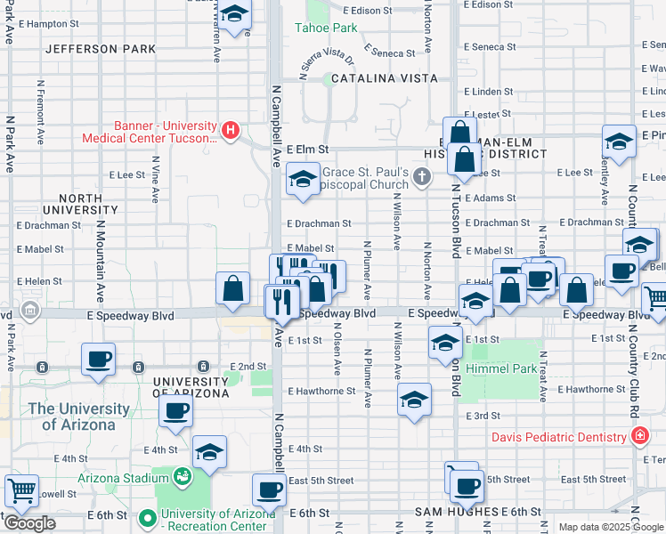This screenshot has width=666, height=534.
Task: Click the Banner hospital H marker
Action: tap(231, 131)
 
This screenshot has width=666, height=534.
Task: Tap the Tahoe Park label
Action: tap(326, 28)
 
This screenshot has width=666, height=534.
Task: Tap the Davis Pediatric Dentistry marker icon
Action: tap(639, 436)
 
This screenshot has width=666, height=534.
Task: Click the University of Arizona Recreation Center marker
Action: tap(148, 516)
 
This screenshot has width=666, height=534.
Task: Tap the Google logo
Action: tap(29, 523)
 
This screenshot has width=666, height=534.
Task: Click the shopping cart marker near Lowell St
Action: tap(21, 489)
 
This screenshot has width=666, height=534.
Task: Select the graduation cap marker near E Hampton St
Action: tap(235, 15)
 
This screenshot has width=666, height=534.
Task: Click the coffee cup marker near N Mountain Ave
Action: tap(99, 360)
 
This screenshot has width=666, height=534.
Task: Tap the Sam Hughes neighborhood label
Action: tap(457, 512)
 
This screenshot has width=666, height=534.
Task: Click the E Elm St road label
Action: tap(308, 150)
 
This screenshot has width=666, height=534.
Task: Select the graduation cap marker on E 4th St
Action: tap(210, 453)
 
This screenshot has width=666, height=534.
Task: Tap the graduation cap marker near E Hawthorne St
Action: tap(415, 400)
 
